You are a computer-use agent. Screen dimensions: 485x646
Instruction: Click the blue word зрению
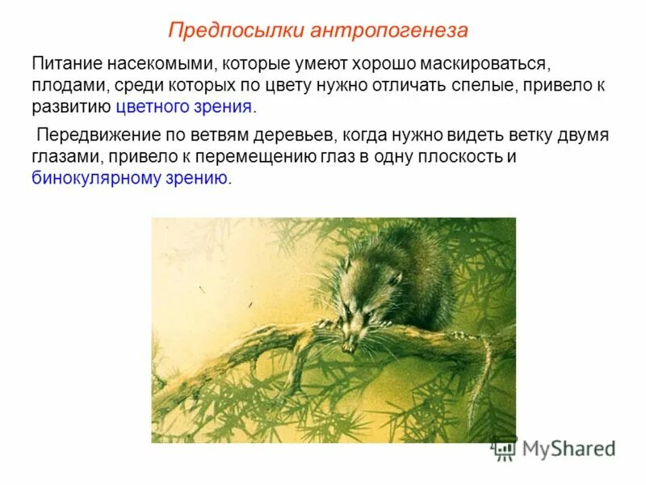[198, 179]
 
